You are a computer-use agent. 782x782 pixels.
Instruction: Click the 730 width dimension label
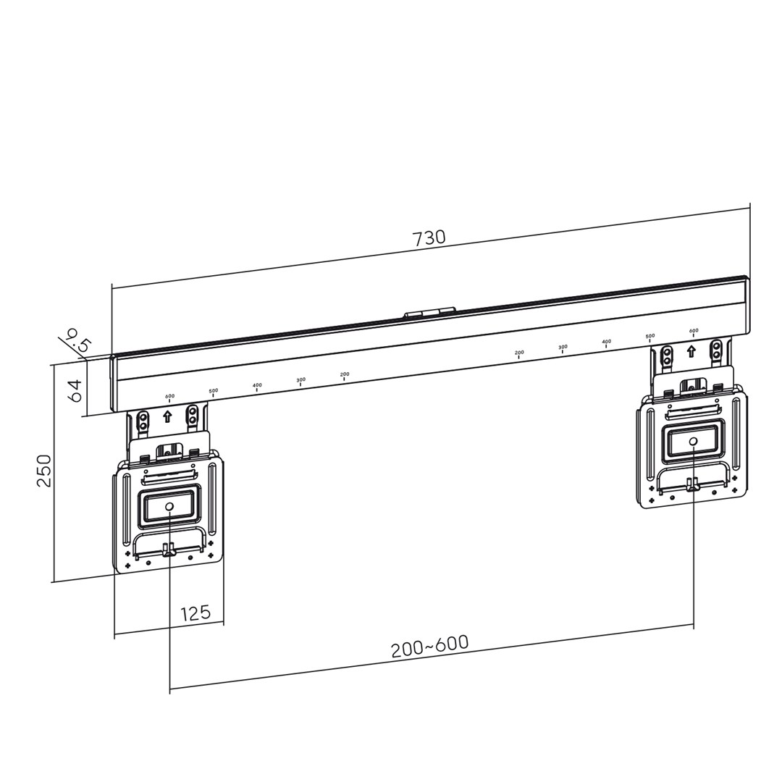point(429,238)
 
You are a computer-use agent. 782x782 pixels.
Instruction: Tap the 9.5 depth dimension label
point(77,340)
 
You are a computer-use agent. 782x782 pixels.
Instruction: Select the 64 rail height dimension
point(75,391)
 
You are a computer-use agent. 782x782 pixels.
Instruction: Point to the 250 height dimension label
point(44,471)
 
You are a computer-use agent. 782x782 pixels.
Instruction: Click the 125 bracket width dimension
point(195,613)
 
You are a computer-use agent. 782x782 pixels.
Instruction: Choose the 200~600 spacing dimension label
point(430,647)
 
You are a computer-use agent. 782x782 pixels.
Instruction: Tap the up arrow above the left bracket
point(168,416)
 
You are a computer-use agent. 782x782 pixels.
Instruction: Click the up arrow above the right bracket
point(691,351)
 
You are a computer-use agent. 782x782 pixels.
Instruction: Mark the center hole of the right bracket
point(693,441)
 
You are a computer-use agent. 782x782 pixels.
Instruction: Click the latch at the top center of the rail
point(430,313)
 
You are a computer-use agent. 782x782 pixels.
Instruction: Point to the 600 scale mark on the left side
point(169,397)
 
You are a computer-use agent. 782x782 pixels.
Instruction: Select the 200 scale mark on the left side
point(345,375)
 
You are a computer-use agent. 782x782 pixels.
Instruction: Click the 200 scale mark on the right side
point(519,353)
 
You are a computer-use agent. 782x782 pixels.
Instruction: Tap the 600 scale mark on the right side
point(694,332)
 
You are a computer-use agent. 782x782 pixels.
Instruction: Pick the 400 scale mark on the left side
point(257,386)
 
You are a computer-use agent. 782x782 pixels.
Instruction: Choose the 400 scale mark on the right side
point(606,342)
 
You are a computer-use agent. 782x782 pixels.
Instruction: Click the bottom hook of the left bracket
point(169,551)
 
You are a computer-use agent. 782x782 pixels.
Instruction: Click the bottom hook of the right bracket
point(692,485)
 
